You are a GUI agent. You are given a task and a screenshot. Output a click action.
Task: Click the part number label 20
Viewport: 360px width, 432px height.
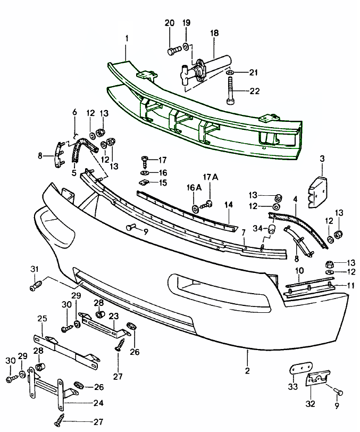coord(170,23)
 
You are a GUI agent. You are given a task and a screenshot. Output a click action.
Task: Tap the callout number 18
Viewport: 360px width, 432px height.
coord(214,32)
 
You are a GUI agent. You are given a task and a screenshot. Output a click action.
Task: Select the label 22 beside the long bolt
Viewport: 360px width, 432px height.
coord(254,91)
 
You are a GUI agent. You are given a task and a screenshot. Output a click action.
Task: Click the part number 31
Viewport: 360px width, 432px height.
coord(35,269)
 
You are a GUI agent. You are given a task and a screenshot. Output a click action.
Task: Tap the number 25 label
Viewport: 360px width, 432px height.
coord(42,318)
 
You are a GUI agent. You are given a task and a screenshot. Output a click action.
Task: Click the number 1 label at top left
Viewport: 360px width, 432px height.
coord(127,38)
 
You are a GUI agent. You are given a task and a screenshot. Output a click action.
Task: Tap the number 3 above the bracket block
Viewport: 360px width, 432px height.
coord(322,159)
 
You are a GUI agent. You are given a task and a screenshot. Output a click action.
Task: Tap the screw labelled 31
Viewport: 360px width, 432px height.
coord(36,287)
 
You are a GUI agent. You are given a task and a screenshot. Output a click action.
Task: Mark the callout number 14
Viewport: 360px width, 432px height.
coord(228,204)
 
